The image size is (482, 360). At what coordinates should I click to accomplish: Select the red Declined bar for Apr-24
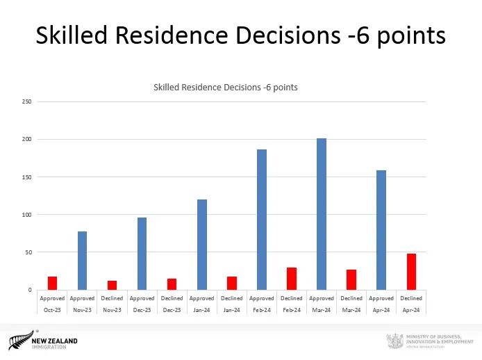click(411, 272)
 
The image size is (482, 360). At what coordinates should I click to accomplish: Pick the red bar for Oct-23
click(52, 283)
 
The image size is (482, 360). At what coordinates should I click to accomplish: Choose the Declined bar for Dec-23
click(172, 284)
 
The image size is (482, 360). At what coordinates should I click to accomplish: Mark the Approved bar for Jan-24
click(202, 245)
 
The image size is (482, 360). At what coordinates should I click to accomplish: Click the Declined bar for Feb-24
click(292, 279)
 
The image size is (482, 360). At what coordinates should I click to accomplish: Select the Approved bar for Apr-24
click(381, 230)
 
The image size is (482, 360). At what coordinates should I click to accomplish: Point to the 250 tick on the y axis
click(27, 101)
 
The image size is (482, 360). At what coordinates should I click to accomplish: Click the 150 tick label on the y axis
click(27, 177)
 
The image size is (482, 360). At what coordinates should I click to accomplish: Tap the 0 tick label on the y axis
click(29, 290)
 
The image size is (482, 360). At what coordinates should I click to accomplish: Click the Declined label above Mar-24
click(351, 298)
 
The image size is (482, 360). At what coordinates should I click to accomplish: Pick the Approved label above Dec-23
click(142, 298)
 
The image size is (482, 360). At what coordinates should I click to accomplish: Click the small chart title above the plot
click(226, 88)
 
